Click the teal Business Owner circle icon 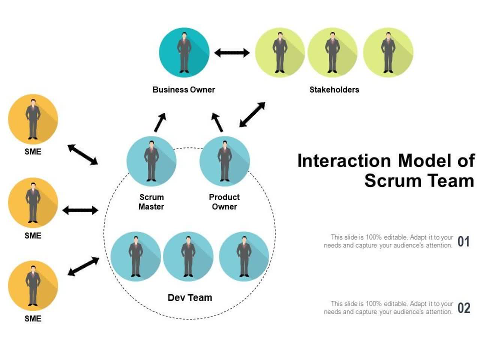(184, 52)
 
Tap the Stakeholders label (334, 90)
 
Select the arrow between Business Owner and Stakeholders (232, 53)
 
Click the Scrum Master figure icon (151, 161)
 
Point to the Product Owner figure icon (225, 161)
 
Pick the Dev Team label (190, 298)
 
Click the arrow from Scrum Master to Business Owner (160, 122)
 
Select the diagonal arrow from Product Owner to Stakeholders (252, 114)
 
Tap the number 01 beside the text (463, 241)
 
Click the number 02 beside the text (463, 308)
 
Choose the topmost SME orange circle (33, 119)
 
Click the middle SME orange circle (33, 203)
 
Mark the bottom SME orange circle (33, 286)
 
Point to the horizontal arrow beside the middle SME (80, 210)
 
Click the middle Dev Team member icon (188, 256)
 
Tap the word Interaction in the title (344, 161)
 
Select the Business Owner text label (184, 90)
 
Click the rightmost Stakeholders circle (388, 52)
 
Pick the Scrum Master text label (151, 202)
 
